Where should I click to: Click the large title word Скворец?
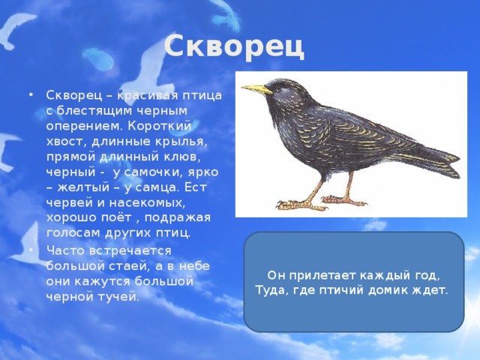[234, 46]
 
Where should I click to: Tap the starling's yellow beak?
[256, 89]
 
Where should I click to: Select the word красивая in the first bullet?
[148, 95]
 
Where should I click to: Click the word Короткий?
[160, 126]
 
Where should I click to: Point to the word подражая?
[178, 218]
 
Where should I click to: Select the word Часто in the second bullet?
[65, 250]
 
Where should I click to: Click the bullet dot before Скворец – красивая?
[30, 95]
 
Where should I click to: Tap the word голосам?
[73, 233]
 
